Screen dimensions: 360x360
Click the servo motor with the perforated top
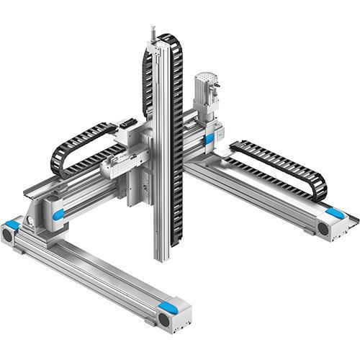(205, 97)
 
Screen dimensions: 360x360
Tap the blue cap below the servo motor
(209, 139)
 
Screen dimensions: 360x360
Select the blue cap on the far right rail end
(334, 213)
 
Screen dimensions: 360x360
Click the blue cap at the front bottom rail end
(168, 307)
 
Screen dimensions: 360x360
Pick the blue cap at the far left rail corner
(12, 223)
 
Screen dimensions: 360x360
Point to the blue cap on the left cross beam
(58, 215)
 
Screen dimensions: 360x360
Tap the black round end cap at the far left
(8, 235)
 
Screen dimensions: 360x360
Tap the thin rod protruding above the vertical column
(153, 33)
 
